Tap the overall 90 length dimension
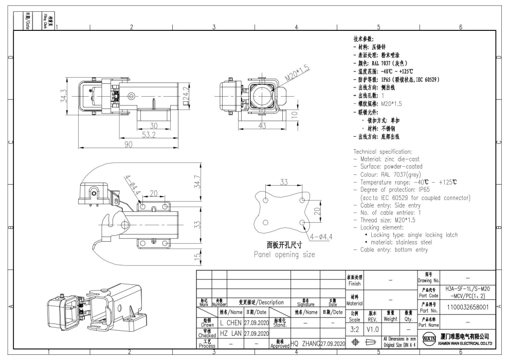pyautogui.click(x=126, y=145)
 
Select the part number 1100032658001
pyautogui.click(x=468, y=307)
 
